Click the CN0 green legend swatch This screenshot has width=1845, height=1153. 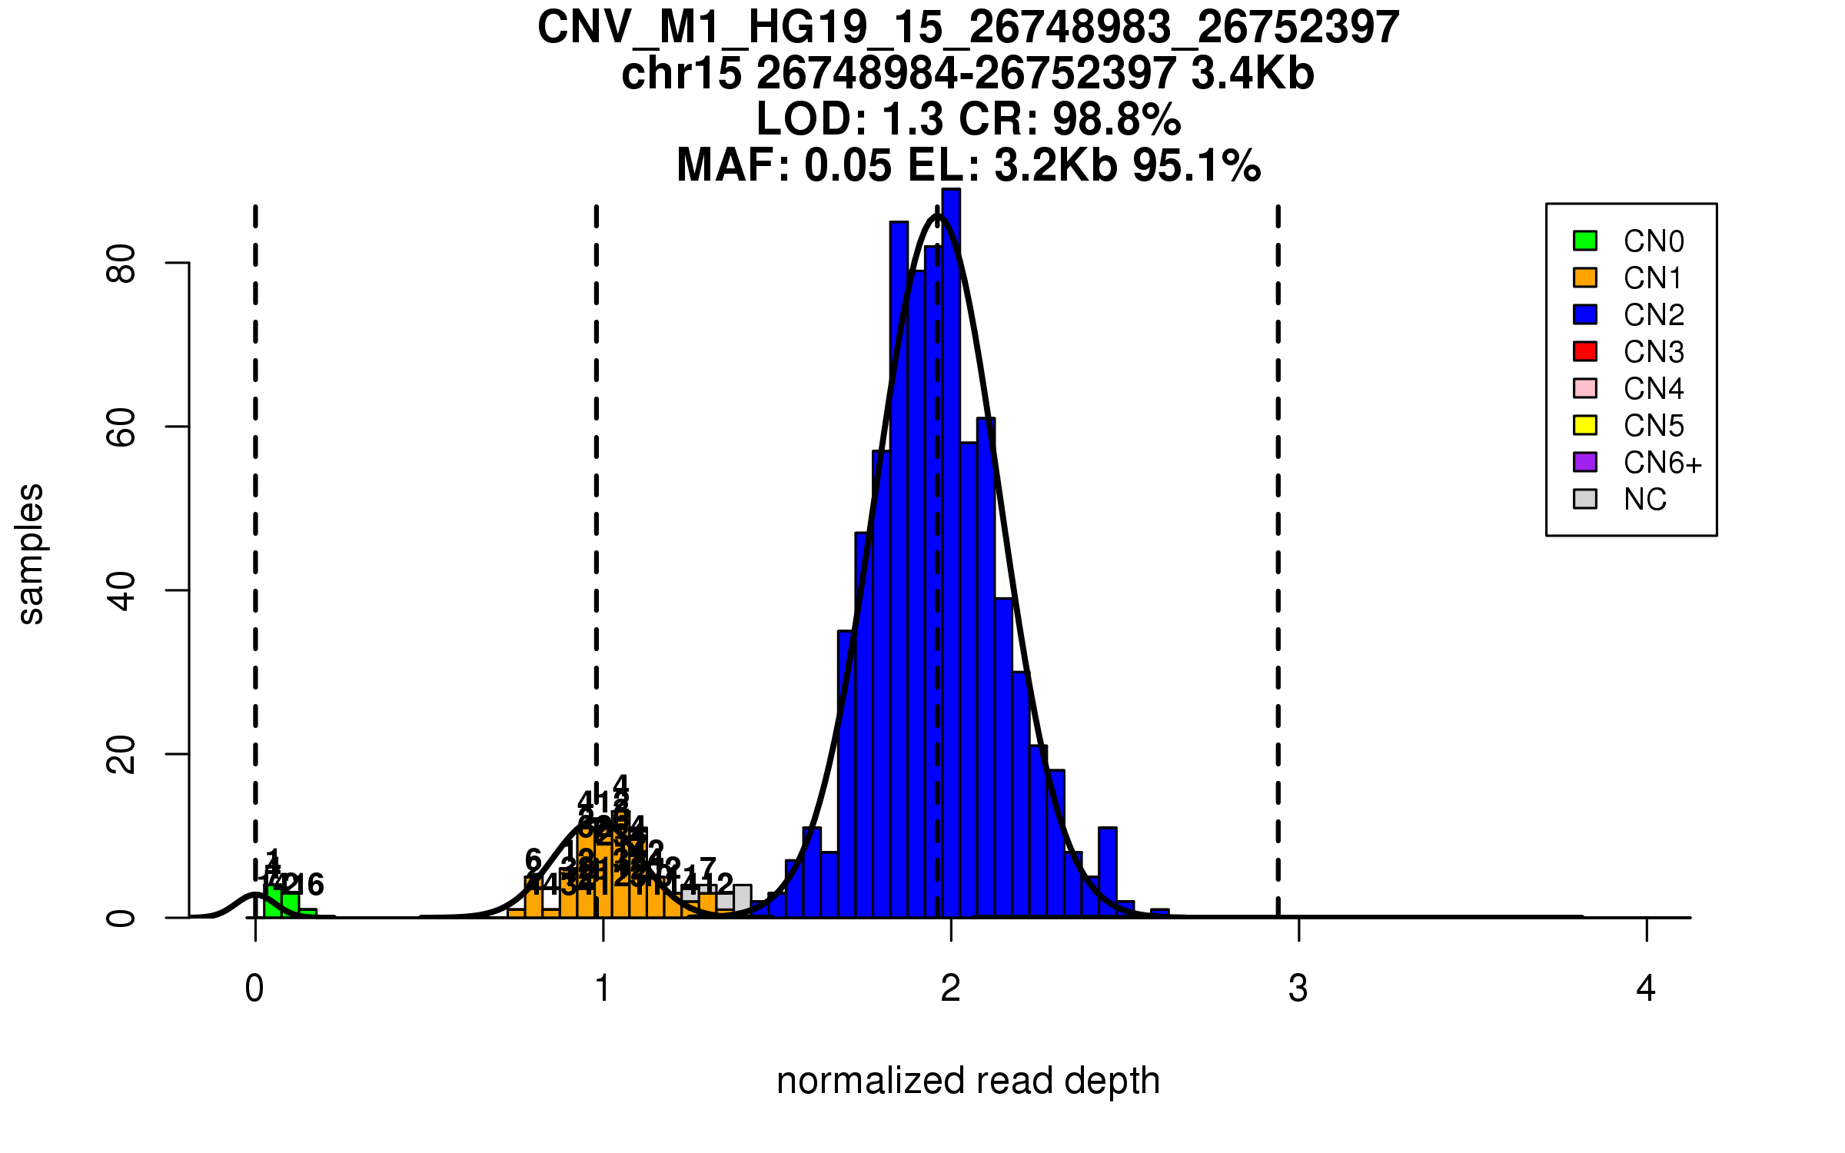click(1584, 241)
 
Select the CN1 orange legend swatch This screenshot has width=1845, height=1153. click(1584, 277)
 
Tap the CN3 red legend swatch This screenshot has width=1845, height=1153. click(1584, 351)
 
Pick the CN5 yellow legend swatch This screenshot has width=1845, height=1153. click(1584, 425)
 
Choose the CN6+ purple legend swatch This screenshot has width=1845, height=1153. click(1584, 462)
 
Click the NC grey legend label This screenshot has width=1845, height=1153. click(1644, 500)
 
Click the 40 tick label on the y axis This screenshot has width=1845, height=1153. click(121, 590)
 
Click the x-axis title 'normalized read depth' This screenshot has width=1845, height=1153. click(968, 1081)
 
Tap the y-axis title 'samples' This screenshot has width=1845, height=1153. click(31, 553)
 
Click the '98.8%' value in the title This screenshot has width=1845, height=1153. click(1116, 120)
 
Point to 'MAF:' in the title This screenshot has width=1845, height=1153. click(733, 166)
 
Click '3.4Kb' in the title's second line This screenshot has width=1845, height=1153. click(1252, 75)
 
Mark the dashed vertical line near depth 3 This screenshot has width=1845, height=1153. click(1278, 538)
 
